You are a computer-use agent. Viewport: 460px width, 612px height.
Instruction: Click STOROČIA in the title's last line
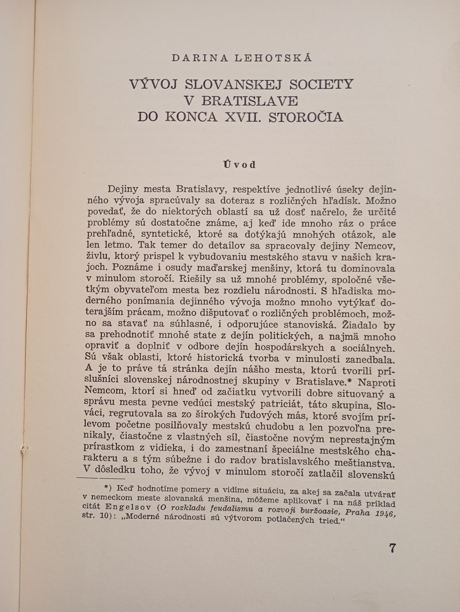click(306, 117)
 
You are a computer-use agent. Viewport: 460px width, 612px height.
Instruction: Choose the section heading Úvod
click(239, 164)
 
